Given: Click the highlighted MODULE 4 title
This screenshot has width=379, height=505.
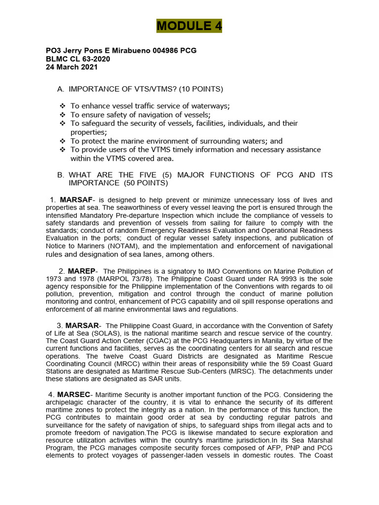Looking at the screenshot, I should [x=189, y=26].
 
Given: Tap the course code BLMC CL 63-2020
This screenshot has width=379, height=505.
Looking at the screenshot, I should [x=78, y=59].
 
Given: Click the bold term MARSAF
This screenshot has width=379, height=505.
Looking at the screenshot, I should [x=76, y=200].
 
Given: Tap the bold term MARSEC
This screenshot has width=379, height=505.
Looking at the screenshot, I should [x=74, y=395].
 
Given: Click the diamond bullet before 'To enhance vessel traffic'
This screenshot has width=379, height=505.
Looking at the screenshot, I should [x=63, y=107].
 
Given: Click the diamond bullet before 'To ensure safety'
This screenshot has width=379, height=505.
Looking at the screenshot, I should [x=63, y=115].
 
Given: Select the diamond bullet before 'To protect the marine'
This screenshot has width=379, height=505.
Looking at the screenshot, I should [x=63, y=142].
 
